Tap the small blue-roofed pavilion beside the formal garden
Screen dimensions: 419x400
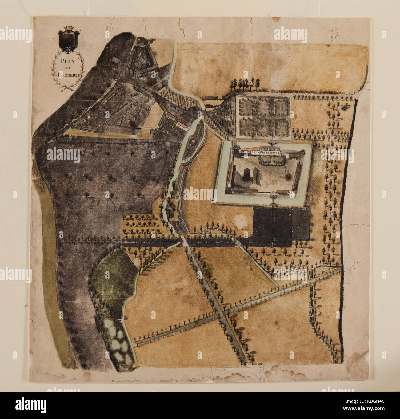point(228,117)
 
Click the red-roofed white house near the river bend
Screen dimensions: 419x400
point(182,125)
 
